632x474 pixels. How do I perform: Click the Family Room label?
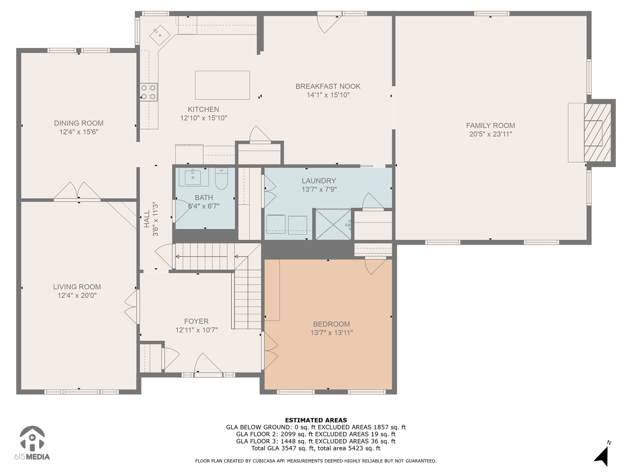490,126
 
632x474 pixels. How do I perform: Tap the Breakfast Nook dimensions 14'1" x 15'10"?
328,95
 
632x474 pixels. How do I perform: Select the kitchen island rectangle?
222,85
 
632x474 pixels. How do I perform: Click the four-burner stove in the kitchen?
148,92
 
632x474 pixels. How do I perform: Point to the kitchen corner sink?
160,34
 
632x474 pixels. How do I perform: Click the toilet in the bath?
221,179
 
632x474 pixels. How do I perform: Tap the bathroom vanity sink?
194,177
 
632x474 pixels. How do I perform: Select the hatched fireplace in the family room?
597,133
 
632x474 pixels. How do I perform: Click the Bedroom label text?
331,324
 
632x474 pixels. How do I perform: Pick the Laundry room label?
319,181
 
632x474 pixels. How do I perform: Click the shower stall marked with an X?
333,224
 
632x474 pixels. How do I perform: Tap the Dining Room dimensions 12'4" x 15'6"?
79,132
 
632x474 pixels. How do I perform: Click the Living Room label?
77,287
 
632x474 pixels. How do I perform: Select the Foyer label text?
196,321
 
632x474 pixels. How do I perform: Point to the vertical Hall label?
147,219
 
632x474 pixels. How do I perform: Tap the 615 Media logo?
32,443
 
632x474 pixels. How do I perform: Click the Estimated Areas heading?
316,420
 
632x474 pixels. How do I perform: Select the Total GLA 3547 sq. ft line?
316,448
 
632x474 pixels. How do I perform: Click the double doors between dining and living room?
77,191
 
